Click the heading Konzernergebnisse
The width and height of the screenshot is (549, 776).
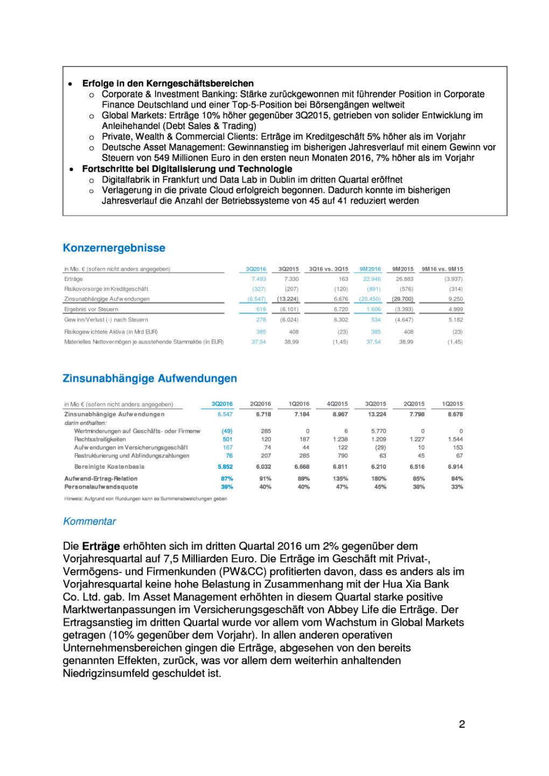114,248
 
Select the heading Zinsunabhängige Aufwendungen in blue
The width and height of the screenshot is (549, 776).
149,378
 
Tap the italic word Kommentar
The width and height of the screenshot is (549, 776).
89,521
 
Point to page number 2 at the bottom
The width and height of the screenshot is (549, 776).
462,724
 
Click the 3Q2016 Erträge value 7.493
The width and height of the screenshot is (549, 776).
259,279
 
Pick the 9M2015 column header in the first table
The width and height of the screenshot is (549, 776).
402,269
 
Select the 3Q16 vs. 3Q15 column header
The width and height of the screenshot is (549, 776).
328,269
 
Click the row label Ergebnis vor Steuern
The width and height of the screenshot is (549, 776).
91,309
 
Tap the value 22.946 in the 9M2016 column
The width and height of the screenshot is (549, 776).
372,279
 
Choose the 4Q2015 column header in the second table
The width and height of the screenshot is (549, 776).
337,404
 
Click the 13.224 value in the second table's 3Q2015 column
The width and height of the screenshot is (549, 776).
377,414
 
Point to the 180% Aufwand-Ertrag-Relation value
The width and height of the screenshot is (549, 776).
379,479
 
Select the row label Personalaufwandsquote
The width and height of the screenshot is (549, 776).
101,487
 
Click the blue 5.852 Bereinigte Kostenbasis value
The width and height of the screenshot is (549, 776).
225,467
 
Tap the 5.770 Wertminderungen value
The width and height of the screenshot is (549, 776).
378,431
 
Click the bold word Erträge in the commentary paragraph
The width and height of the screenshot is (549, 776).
101,546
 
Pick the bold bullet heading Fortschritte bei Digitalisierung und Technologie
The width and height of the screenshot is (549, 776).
187,169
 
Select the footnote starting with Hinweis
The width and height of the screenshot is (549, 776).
145,498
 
